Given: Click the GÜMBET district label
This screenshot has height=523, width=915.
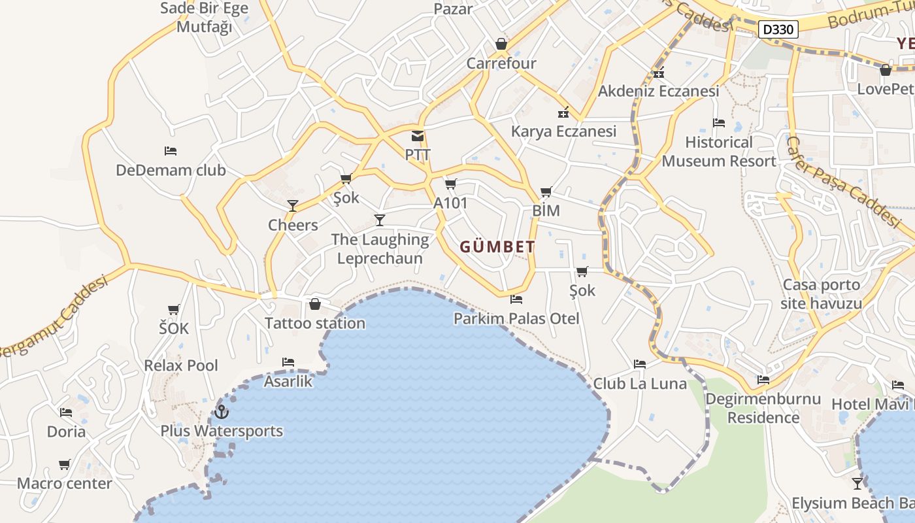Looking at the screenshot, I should tap(497, 247).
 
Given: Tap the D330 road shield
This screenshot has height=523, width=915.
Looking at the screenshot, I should tap(778, 29).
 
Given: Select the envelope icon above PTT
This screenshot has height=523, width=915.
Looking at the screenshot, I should tap(417, 137).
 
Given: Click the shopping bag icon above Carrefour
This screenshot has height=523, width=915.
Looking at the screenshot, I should tap(501, 44).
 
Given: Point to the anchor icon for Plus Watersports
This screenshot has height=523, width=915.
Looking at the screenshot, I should tap(222, 412).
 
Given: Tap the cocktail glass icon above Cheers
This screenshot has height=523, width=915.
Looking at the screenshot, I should tap(293, 206).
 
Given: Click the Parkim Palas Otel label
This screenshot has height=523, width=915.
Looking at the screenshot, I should tap(516, 318).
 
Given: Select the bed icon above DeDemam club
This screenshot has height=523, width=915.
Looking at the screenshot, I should tap(171, 151).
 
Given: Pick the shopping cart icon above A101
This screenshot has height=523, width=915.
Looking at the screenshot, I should tap(450, 184).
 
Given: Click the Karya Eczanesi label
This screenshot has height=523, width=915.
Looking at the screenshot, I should tap(563, 131).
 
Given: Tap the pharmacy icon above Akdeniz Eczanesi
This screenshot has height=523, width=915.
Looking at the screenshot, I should tap(658, 73).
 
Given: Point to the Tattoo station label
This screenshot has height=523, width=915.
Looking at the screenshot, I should tap(314, 323).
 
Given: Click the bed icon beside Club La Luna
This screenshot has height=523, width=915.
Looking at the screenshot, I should tap(640, 364).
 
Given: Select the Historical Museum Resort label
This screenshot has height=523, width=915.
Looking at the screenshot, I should tap(719, 152).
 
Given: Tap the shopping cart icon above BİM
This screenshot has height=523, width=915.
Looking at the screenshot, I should tap(546, 192).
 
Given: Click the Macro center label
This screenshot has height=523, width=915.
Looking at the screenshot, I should tap(64, 484).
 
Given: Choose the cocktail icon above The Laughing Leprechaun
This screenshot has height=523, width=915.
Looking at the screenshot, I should tap(379, 220).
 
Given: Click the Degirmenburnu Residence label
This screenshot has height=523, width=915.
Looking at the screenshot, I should tap(763, 408).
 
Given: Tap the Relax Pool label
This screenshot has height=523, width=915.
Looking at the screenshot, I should tap(181, 365).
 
